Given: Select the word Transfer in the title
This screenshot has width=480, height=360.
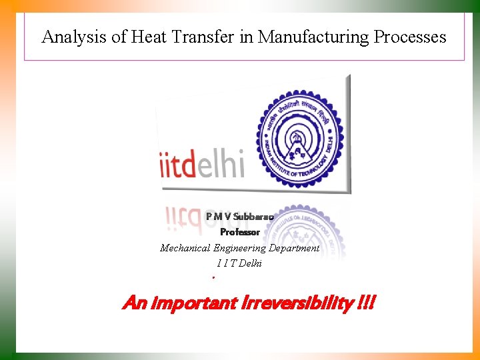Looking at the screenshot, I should point(201,37).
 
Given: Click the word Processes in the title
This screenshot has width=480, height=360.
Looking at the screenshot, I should point(410,37).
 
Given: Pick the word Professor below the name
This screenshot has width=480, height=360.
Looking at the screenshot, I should point(240,232).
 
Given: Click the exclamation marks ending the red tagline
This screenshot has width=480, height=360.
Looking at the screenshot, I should point(366,304).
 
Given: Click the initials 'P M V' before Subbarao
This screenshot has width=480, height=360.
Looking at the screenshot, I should point(218,216).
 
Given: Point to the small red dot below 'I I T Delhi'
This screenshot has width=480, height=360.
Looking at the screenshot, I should point(213,277).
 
